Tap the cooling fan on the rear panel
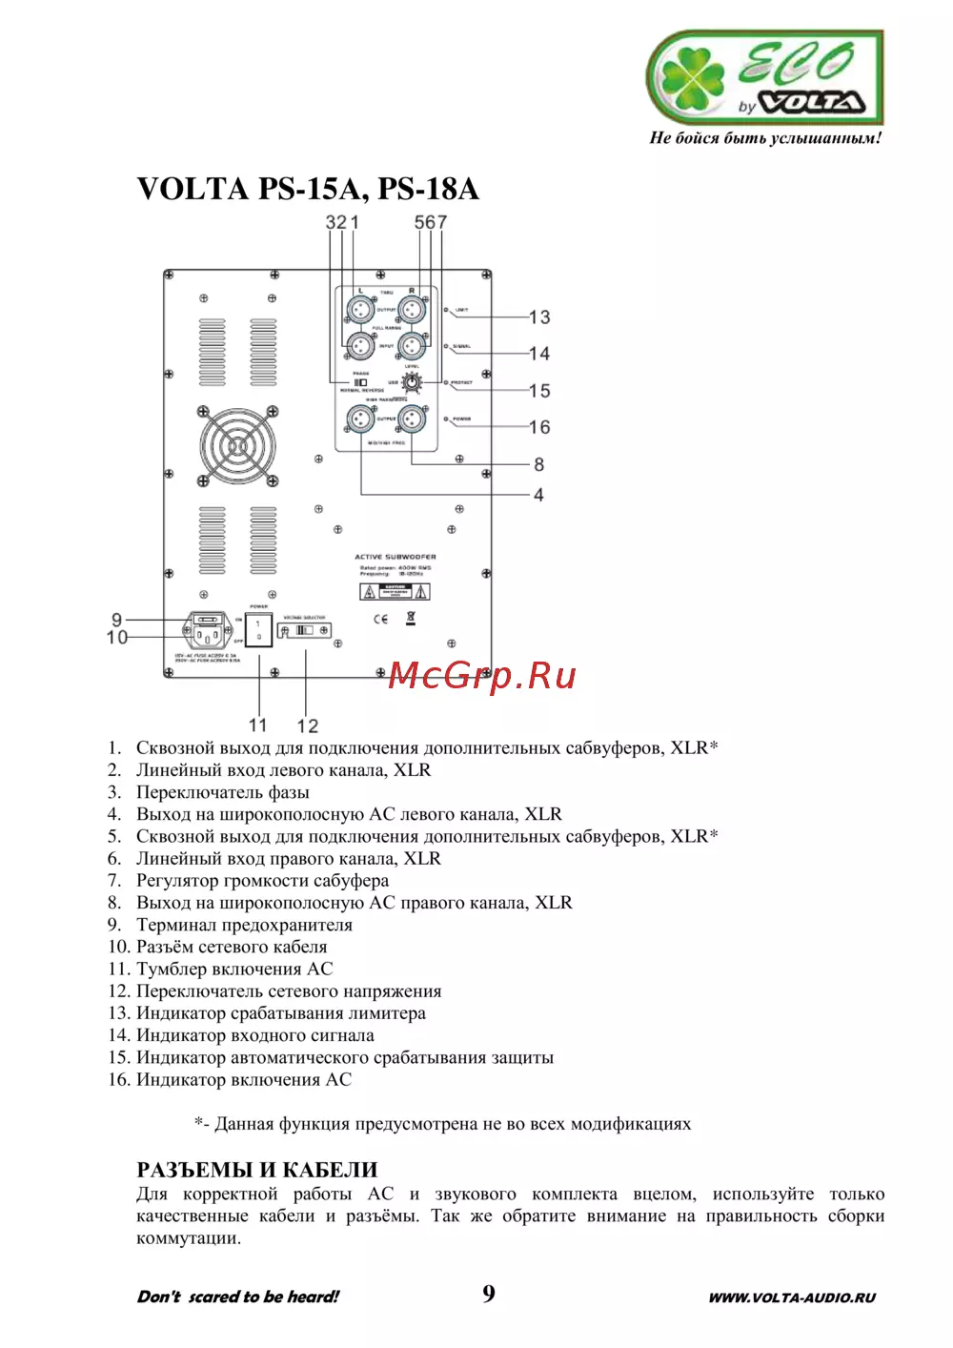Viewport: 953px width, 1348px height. [237, 446]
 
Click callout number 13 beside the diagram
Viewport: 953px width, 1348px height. [539, 317]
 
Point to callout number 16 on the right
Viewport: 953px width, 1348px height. [539, 427]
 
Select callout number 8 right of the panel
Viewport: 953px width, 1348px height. [538, 464]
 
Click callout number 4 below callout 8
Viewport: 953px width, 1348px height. [538, 495]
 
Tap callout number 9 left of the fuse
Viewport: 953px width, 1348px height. [117, 620]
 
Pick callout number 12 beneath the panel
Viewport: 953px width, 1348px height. [307, 725]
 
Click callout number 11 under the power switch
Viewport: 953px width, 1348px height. [258, 725]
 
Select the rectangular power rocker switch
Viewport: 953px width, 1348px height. [258, 630]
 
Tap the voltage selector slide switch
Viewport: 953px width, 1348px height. [304, 630]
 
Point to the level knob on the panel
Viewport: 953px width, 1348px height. [412, 383]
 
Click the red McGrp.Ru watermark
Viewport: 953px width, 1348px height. [482, 676]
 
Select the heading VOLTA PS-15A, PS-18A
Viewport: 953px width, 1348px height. [308, 189]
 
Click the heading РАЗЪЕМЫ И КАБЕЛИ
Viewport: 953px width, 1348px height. [257, 1170]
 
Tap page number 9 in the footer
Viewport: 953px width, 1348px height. [488, 1294]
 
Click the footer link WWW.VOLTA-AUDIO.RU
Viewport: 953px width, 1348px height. [791, 1297]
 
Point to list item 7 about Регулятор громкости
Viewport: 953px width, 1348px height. [261, 881]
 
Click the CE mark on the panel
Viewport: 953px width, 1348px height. [380, 620]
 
